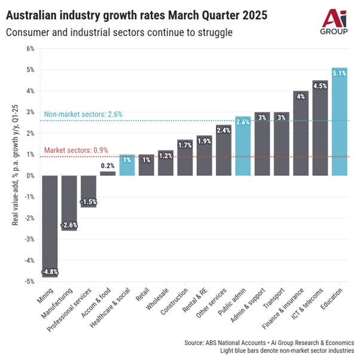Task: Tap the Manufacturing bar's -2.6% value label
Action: tap(69, 225)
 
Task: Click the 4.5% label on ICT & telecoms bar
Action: tap(320, 86)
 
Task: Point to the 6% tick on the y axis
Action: tap(30, 48)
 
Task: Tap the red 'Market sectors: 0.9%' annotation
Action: tap(75, 150)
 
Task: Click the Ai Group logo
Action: tap(332, 23)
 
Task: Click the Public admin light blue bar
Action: tap(243, 146)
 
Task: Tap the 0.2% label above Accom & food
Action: tap(108, 166)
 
